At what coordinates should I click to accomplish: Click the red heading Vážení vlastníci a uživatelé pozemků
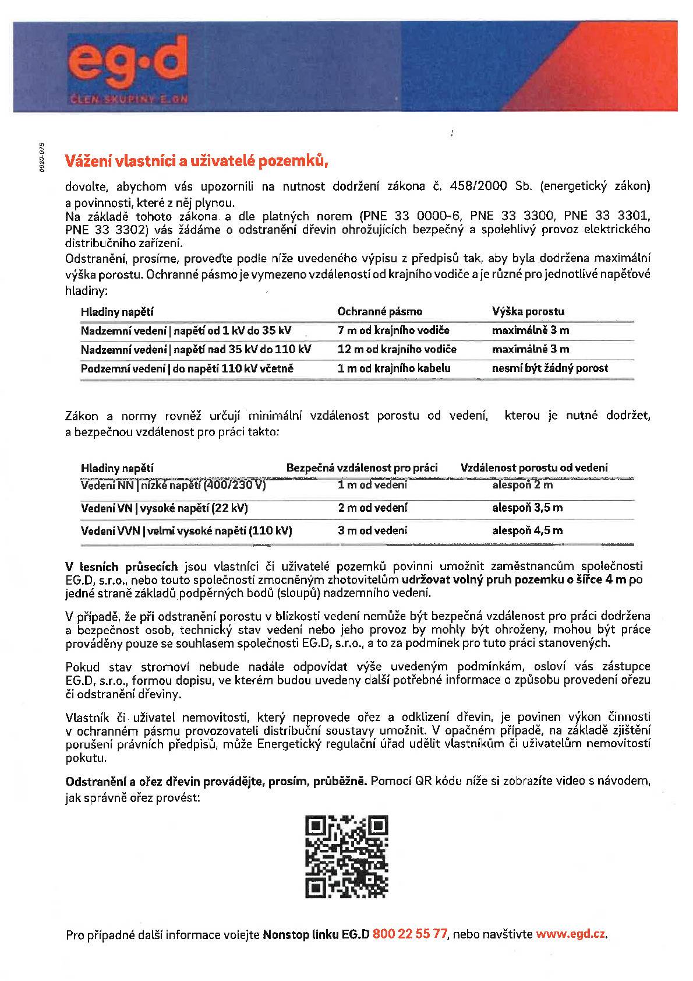(x=197, y=160)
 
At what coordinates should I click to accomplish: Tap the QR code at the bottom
(x=346, y=856)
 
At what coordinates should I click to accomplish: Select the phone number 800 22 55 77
(x=409, y=934)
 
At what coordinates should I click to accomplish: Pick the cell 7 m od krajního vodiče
(x=394, y=330)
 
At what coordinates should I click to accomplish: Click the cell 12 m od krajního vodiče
(x=397, y=349)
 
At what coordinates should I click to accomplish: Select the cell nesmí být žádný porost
(x=550, y=368)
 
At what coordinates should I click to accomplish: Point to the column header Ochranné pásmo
(x=380, y=311)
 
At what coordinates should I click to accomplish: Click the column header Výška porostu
(x=528, y=311)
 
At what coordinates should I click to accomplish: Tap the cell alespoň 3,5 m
(x=528, y=508)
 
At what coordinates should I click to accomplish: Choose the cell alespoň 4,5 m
(x=528, y=530)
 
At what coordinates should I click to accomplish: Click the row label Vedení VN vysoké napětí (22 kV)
(x=164, y=508)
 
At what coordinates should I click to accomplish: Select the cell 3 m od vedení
(x=373, y=530)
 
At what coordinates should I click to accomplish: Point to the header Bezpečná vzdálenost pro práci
(x=362, y=467)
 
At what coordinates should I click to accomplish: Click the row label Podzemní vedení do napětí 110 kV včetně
(x=187, y=368)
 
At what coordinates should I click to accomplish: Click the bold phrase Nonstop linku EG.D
(x=316, y=934)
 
